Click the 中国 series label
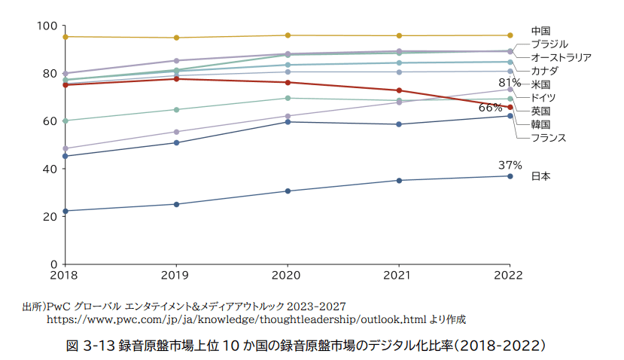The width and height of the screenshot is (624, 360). click(540, 31)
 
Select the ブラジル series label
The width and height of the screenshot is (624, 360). click(549, 44)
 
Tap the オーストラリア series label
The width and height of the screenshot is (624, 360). click(561, 57)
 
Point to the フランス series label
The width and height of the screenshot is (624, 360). click(548, 137)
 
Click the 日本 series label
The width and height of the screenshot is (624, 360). click(540, 176)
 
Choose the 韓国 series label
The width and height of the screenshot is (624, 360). click(540, 124)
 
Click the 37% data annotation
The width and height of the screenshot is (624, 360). click(510, 165)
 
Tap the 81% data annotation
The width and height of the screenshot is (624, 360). click(510, 82)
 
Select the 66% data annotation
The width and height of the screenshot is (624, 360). click(491, 108)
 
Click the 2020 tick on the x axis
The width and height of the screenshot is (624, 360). click(287, 276)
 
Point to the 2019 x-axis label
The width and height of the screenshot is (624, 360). click(176, 276)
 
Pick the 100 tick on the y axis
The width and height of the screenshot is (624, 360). click(47, 26)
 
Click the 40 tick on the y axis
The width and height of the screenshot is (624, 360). click(50, 169)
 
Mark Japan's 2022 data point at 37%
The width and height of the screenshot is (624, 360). click(510, 176)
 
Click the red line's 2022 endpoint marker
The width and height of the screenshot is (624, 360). click(510, 107)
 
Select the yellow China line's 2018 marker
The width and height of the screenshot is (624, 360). click(65, 36)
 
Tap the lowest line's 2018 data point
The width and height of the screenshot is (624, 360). click(65, 211)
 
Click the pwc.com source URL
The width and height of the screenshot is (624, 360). click(256, 320)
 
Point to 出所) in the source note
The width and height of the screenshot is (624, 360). click(34, 307)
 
